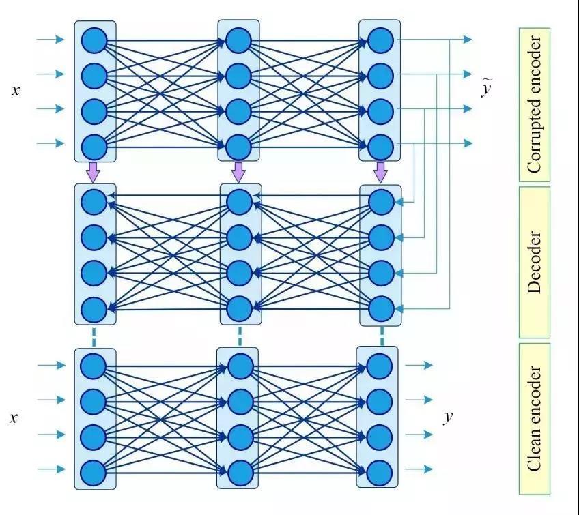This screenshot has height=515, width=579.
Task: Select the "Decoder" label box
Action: coord(534,263)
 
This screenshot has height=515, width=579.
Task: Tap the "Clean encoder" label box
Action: coord(534,418)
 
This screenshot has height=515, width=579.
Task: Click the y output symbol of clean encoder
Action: coord(448,417)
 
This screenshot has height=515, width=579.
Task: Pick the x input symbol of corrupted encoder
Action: coord(16,89)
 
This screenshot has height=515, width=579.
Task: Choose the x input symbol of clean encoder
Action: coord(13,417)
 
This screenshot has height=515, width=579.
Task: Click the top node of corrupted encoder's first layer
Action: coord(94,38)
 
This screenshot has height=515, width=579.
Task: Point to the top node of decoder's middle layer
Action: coord(239,201)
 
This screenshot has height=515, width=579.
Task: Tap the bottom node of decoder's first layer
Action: coord(94,309)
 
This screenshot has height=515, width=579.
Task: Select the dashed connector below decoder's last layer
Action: coord(382,336)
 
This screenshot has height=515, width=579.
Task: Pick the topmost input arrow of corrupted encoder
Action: coord(50,40)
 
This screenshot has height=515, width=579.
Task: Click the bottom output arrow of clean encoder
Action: coord(419,469)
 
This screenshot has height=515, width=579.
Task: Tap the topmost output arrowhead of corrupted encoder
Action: coord(468,40)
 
